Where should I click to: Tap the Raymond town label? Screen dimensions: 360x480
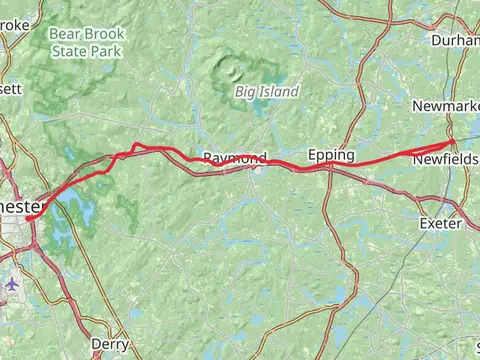tap(235, 158)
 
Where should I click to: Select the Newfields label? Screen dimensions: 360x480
tap(445, 159)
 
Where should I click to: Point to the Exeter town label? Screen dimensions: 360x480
tap(440, 223)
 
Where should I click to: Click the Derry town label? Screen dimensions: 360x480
tap(110, 344)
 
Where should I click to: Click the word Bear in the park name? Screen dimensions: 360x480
tap(64, 32)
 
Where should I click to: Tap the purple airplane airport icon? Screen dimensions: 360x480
tap(12, 283)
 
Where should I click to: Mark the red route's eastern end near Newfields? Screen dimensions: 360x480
tap(453, 142)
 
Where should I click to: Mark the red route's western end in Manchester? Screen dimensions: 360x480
tap(27, 216)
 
